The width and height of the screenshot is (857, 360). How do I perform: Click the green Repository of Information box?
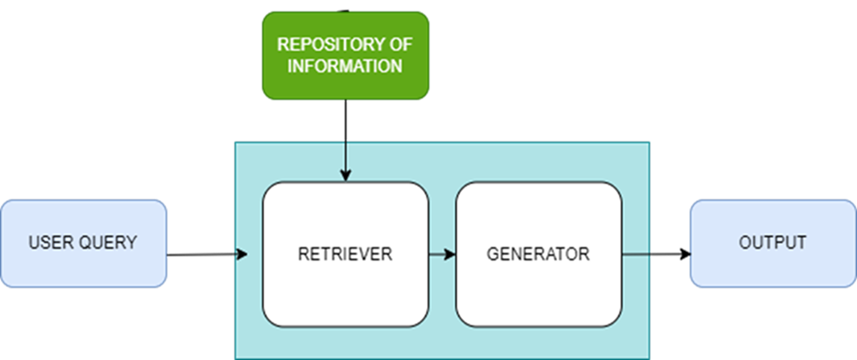345,54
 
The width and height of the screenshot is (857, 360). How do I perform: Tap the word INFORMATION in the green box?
345,66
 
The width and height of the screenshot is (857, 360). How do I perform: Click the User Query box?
82,243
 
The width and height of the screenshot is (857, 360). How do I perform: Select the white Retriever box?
345,254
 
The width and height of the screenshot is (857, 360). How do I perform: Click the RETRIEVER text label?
345,254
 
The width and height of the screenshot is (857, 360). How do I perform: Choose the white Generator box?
538,254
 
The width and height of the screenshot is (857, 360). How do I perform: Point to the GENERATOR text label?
538,254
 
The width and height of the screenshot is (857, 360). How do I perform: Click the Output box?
772,243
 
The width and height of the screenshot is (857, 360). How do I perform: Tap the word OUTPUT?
772,243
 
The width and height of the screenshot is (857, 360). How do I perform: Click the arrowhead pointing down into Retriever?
345,176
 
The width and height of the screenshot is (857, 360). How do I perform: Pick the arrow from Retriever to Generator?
441,254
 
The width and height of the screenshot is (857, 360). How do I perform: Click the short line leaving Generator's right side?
635,254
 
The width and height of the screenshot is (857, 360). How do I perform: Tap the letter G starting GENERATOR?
493,254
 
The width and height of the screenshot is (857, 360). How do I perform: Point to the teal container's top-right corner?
649,142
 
